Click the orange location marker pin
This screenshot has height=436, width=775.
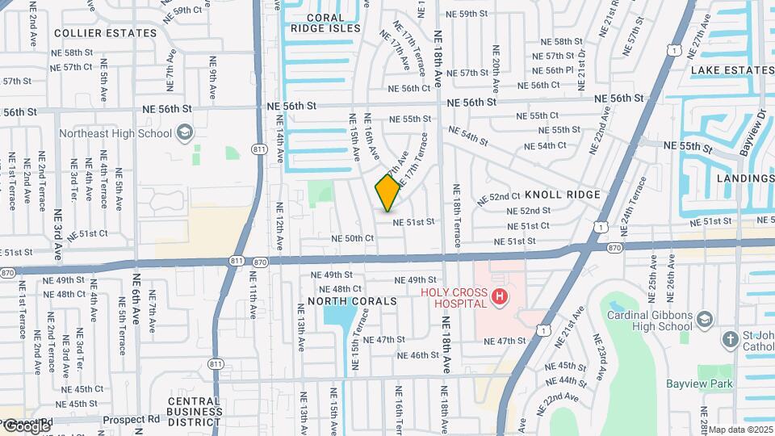pyautogui.click(x=387, y=192)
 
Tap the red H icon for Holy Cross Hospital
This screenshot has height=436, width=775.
pyautogui.click(x=500, y=297)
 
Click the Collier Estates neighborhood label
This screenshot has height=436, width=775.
pyautogui.click(x=105, y=33)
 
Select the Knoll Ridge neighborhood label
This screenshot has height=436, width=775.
pyautogui.click(x=562, y=195)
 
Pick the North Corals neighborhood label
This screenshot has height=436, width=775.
pyautogui.click(x=352, y=301)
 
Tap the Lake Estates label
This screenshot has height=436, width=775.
pyautogui.click(x=731, y=70)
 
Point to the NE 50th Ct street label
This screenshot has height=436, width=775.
pyautogui.click(x=352, y=239)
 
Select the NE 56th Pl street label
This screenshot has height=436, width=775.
pyautogui.click(x=559, y=70)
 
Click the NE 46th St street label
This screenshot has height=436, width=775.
pyautogui.click(x=418, y=355)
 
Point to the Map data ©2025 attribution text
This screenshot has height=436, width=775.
pyautogui.click(x=740, y=430)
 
